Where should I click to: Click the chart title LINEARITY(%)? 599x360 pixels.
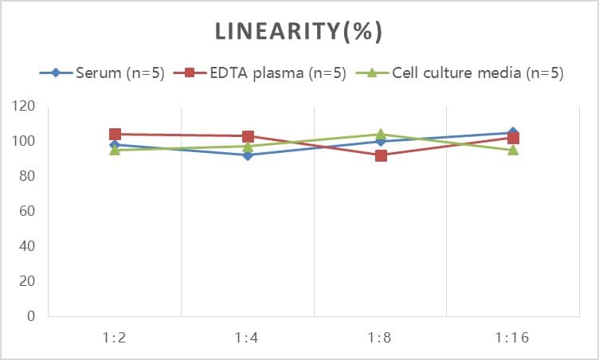299,31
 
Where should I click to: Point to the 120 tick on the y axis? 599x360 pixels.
25,106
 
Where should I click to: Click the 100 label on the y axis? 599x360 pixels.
25,141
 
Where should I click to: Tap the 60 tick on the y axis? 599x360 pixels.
27,211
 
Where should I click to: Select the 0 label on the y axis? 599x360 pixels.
31,316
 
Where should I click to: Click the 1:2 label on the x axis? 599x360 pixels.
115,338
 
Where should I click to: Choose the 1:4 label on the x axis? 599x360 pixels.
248,338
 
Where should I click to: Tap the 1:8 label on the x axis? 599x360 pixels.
380,338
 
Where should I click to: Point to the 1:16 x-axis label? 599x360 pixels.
513,338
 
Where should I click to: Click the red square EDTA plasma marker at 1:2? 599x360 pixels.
115,134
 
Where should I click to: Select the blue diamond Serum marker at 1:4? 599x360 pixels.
248,155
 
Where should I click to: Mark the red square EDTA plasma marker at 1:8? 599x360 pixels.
381,155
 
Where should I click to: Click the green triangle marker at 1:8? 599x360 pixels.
381,134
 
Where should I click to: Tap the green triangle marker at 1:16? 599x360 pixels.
513,150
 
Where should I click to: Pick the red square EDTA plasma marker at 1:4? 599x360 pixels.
248,136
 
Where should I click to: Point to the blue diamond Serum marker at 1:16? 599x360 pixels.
513,132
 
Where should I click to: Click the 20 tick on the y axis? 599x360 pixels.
27,281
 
